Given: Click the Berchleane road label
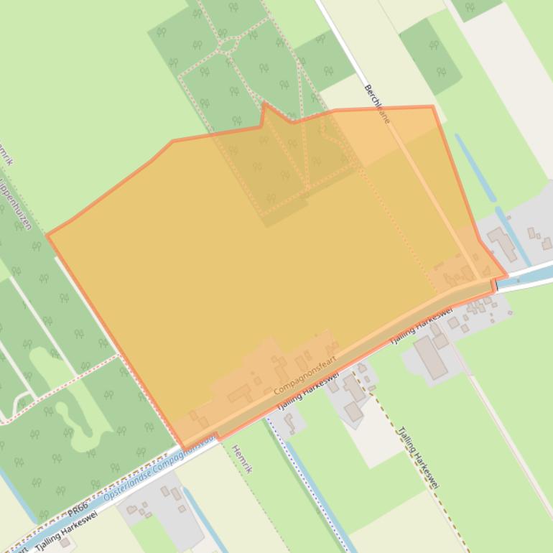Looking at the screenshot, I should (x=377, y=103).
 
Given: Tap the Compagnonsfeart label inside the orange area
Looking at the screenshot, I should (x=305, y=376).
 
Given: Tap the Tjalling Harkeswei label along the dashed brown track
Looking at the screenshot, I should (x=418, y=457).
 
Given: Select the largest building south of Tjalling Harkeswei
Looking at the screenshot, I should (x=430, y=357).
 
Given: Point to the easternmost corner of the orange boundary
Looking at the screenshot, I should (x=506, y=275).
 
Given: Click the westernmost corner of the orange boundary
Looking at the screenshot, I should (x=47, y=235).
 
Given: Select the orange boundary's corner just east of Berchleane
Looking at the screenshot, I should (x=432, y=107).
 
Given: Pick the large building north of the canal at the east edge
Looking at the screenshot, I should (x=502, y=244).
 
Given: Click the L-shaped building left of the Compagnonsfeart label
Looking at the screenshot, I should (x=240, y=394).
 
